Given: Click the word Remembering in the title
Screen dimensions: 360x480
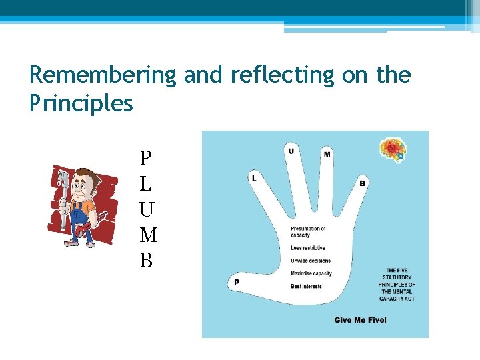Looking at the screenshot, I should point(103,75).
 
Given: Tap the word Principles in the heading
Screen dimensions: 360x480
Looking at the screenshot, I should point(81,103).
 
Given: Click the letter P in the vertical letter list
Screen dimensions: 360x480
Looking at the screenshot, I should point(145,158).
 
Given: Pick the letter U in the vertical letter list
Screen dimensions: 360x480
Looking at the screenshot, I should point(147,209).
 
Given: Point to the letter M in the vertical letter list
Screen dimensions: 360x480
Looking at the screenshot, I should point(149,235).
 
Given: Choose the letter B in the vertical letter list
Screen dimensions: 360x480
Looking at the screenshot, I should point(146,261).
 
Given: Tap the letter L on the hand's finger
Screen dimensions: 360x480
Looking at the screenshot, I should point(254,178).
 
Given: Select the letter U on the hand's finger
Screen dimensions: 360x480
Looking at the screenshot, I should point(291,151).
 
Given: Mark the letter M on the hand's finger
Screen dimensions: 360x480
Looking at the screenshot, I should point(327,155).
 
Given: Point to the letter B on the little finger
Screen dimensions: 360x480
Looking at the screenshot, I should point(362,183).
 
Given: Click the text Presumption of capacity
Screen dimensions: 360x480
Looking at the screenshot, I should point(308,231).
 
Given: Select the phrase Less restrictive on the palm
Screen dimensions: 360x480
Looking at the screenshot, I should point(307,248).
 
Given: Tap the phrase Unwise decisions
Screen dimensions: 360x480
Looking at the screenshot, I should point(310,261).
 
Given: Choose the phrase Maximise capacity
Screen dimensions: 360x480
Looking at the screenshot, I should point(311,273).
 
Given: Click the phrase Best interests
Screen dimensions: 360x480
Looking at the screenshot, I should point(306,287).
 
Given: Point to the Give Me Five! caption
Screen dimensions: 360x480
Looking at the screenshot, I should point(360,320).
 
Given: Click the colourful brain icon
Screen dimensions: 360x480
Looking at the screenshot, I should point(393,150).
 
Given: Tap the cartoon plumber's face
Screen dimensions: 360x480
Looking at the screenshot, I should point(83,186).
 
